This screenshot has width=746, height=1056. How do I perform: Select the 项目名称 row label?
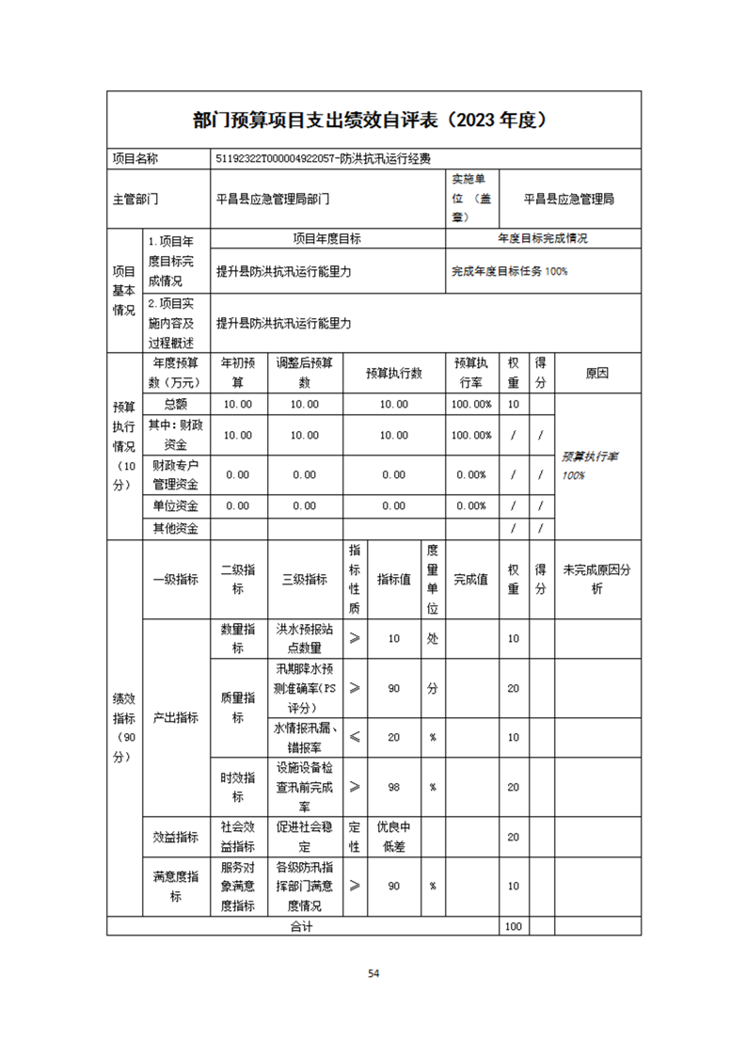pos(135,159)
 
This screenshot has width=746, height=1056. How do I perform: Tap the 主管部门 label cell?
pos(135,200)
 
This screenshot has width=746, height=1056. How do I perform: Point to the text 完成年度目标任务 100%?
pos(509,271)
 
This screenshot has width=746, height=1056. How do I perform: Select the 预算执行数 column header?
pos(393,374)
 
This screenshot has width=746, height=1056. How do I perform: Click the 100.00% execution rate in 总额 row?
pos(471,405)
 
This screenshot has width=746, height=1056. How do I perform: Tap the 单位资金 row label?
pos(176,505)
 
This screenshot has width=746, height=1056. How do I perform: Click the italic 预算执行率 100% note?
pos(590,465)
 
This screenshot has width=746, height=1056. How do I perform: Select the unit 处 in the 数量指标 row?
pos(432,638)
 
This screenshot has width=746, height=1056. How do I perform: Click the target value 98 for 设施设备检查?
pos(393,787)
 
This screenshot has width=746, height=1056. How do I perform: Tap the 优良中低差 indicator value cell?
pos(393,837)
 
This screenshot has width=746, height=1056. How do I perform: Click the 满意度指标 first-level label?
pos(176,887)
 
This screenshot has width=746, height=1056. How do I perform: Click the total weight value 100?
pos(513,926)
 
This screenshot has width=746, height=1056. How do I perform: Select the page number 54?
pos(373,973)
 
